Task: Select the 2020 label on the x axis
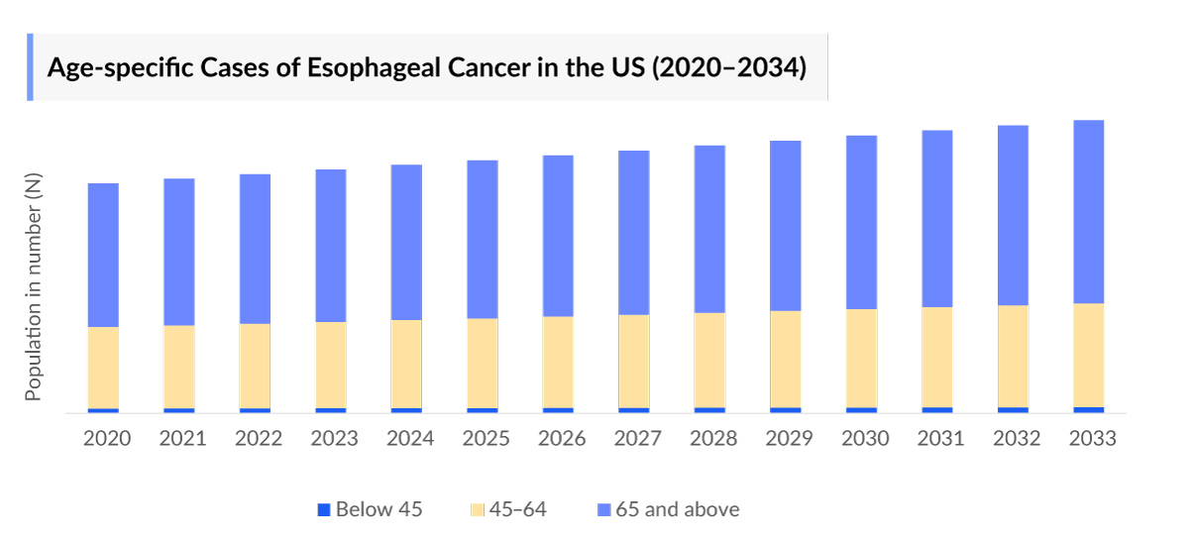pyautogui.click(x=107, y=438)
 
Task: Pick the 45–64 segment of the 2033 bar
pyautogui.click(x=1089, y=355)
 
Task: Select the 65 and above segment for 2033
pyautogui.click(x=1089, y=211)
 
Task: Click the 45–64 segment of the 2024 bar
pyautogui.click(x=407, y=364)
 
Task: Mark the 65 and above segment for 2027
pyautogui.click(x=634, y=233)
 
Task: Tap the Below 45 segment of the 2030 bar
pyautogui.click(x=861, y=409)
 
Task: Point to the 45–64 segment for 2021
pyautogui.click(x=179, y=367)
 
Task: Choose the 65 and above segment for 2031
pyautogui.click(x=937, y=218)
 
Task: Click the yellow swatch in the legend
pyautogui.click(x=477, y=509)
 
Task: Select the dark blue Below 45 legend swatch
pyautogui.click(x=323, y=509)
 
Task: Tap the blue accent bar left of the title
pyautogui.click(x=30, y=67)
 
